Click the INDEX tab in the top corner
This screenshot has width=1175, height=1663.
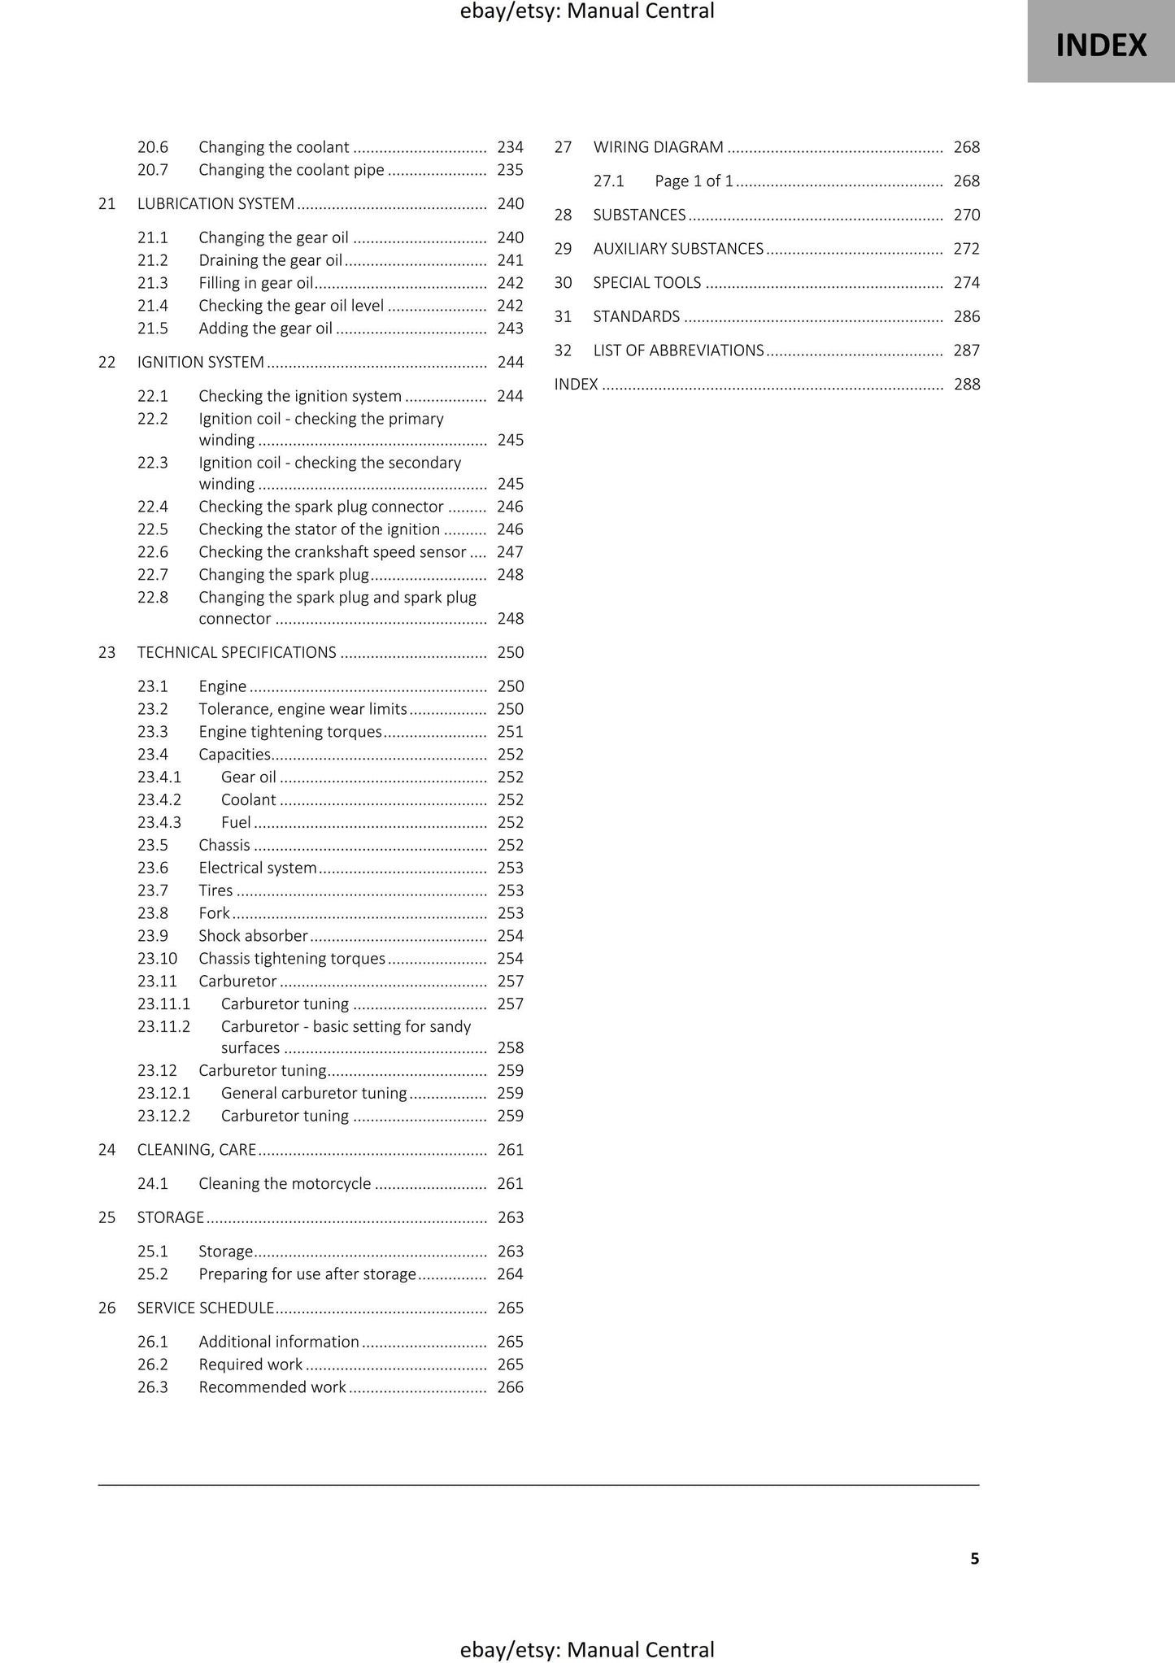click(x=1100, y=45)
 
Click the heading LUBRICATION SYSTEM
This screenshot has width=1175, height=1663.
click(x=215, y=204)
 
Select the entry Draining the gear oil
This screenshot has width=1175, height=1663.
click(x=270, y=260)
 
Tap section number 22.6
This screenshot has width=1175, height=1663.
click(x=153, y=552)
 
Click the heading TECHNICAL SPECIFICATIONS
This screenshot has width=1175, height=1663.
click(x=237, y=652)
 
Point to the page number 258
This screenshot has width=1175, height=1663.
click(x=510, y=1048)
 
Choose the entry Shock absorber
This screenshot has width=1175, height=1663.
click(x=253, y=936)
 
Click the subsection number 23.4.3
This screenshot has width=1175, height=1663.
click(x=159, y=822)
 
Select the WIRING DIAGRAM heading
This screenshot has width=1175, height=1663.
click(x=658, y=147)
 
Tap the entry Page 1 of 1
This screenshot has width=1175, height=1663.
click(x=694, y=181)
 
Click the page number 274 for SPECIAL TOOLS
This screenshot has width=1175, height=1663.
click(x=966, y=283)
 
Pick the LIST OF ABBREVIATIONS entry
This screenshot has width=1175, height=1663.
click(x=678, y=350)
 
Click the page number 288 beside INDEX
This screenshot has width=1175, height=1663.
click(x=966, y=385)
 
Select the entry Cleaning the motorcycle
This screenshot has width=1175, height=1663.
click(x=285, y=1184)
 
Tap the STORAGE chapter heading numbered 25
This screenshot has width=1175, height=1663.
click(x=171, y=1217)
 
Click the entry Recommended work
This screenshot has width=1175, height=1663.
click(x=272, y=1387)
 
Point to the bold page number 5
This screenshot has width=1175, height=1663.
click(x=974, y=1559)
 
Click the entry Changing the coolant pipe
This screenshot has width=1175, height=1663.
click(x=291, y=170)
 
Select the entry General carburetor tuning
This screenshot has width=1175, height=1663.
click(x=314, y=1094)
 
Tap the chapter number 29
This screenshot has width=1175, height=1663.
click(x=563, y=249)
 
